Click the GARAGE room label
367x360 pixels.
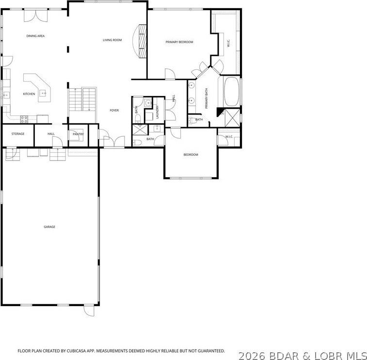coord(49,227)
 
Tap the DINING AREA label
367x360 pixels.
coord(35,36)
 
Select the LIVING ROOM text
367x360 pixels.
coord(112,40)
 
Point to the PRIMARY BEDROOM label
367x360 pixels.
coord(179,42)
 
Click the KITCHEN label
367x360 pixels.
coord(29,94)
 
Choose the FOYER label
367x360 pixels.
coord(114,110)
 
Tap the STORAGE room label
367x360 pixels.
coord(18,134)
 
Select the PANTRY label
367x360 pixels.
coord(78,134)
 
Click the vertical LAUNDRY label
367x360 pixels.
coord(158,112)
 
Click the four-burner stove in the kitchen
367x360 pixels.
coord(24,118)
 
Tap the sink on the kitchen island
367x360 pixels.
coord(43,93)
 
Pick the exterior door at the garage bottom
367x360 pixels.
coord(89,310)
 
